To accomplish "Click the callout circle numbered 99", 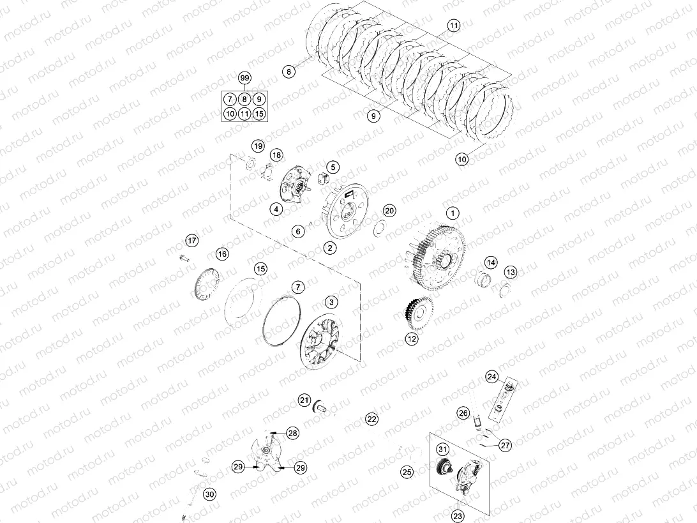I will point(244,78).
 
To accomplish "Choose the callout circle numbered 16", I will point(221,254).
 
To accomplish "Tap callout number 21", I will point(304,400).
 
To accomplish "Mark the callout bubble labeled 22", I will point(371,419).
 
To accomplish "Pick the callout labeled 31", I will point(442,450).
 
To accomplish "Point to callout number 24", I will point(491,377).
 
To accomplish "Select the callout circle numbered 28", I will point(292,434).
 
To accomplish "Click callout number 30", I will point(209,493).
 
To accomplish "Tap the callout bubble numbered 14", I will point(490,262).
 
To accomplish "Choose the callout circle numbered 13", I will point(510,273).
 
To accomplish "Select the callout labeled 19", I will point(257,146).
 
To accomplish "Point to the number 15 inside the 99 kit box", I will point(259,114).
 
